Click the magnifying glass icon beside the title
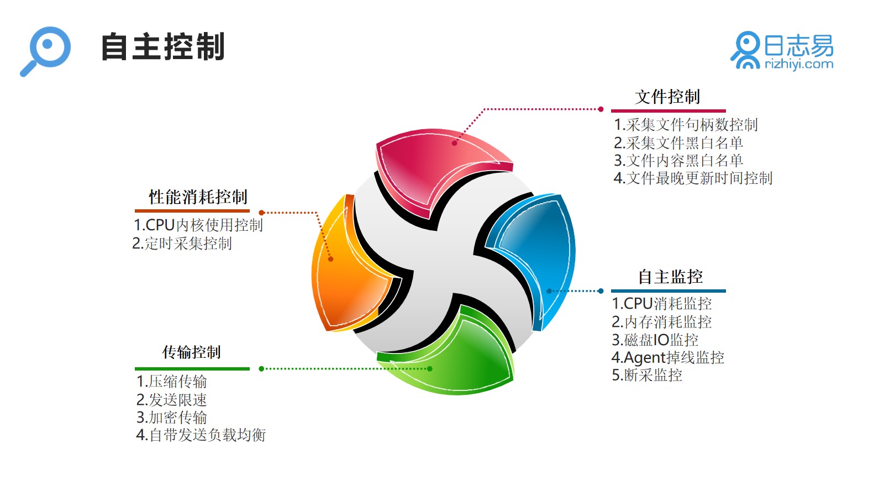pyautogui.click(x=46, y=50)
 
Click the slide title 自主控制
pyautogui.click(x=162, y=47)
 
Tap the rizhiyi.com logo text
pyautogui.click(x=799, y=64)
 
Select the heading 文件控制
pyautogui.click(x=667, y=97)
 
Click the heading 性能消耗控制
pyautogui.click(x=198, y=197)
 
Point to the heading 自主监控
pyautogui.click(x=671, y=277)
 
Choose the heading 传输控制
pyautogui.click(x=191, y=352)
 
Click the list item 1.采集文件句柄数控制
pyautogui.click(x=686, y=125)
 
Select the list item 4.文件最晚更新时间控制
pyautogui.click(x=693, y=178)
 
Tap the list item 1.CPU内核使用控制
pyautogui.click(x=198, y=225)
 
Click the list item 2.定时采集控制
pyautogui.click(x=182, y=244)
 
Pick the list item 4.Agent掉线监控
pyautogui.click(x=668, y=358)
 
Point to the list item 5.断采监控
pyautogui.click(x=647, y=375)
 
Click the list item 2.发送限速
pyautogui.click(x=172, y=400)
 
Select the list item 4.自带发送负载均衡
pyautogui.click(x=201, y=435)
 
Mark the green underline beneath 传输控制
pyautogui.click(x=192, y=369)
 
